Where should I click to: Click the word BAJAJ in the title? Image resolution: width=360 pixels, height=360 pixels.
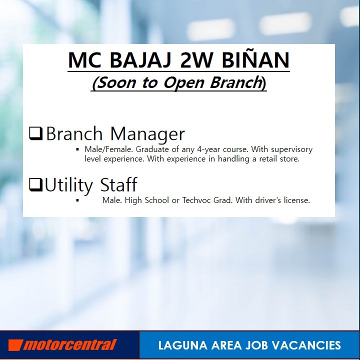coord(140,60)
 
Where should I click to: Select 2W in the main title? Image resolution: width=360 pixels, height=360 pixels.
coord(196,60)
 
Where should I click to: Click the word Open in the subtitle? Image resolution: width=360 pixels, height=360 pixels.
coord(183,82)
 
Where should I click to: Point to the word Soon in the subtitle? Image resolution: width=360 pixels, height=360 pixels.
coord(117,82)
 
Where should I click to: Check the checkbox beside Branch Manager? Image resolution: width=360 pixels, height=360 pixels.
coord(36,133)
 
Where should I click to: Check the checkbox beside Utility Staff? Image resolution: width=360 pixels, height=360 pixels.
coord(36,185)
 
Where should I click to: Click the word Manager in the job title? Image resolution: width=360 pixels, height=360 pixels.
coord(147,133)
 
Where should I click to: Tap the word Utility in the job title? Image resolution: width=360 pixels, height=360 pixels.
coord(68,185)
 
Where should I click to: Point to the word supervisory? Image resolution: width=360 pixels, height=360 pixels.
coord(291,149)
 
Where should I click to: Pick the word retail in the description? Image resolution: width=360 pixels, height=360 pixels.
coord(268,158)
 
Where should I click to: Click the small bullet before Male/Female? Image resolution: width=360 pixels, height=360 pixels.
coord(77,149)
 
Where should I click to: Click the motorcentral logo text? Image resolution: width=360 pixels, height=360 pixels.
coord(69,345)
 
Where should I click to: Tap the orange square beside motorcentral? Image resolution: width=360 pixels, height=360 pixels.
coord(15,345)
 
